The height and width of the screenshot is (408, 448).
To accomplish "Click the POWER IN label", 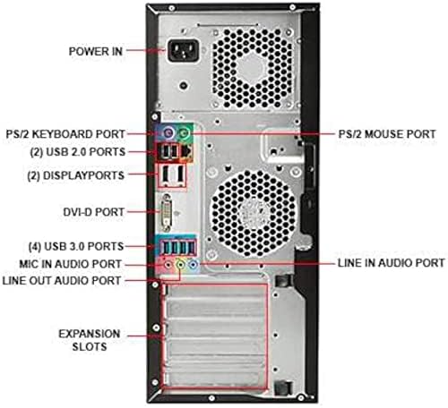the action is point(96,52).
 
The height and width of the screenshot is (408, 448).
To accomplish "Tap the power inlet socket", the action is point(183,51).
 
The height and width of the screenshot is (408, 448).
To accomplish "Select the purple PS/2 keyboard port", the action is point(168,132).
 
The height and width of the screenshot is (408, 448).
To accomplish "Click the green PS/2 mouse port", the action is point(185,132).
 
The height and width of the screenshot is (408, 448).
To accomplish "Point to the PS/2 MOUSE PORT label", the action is point(387,134).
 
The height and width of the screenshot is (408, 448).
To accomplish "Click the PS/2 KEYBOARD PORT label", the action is point(65,134).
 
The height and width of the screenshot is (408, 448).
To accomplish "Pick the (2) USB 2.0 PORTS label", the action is point(78,152).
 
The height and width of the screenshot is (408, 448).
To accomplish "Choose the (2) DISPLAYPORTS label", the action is point(75,175).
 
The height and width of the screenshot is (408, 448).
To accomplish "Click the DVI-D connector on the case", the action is point(167,212).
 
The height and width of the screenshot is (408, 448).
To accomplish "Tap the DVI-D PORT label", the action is point(93,212).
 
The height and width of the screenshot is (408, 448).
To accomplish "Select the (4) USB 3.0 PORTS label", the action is point(76,247).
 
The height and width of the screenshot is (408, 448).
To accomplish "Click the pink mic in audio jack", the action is point(168,264).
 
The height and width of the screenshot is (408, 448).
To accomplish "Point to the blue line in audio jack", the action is point(194,264).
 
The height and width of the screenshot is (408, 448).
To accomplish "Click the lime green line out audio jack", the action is point(180,264).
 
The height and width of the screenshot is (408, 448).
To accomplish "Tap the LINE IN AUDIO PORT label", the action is point(392,263).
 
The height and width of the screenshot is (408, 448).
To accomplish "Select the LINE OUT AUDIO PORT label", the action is point(62,281).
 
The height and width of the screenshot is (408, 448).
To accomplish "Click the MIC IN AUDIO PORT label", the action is point(71,264).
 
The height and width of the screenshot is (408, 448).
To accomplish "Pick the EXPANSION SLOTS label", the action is point(90,340).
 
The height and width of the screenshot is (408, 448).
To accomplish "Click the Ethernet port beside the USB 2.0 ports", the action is point(186,151).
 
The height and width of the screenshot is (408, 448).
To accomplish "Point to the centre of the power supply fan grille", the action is point(253,67).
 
